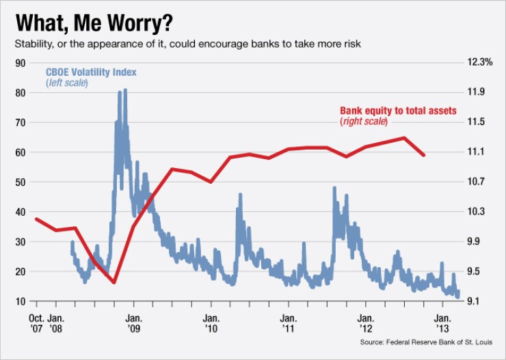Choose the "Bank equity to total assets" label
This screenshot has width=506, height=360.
398,111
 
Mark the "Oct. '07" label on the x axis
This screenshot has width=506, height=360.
37,322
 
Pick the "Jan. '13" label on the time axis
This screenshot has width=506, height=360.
443,322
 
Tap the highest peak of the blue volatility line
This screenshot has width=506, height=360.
124,90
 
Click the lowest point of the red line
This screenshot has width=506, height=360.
114,282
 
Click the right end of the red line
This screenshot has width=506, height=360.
424,155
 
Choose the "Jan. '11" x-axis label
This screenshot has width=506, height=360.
288,322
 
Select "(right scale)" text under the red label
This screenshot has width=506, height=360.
363,122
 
